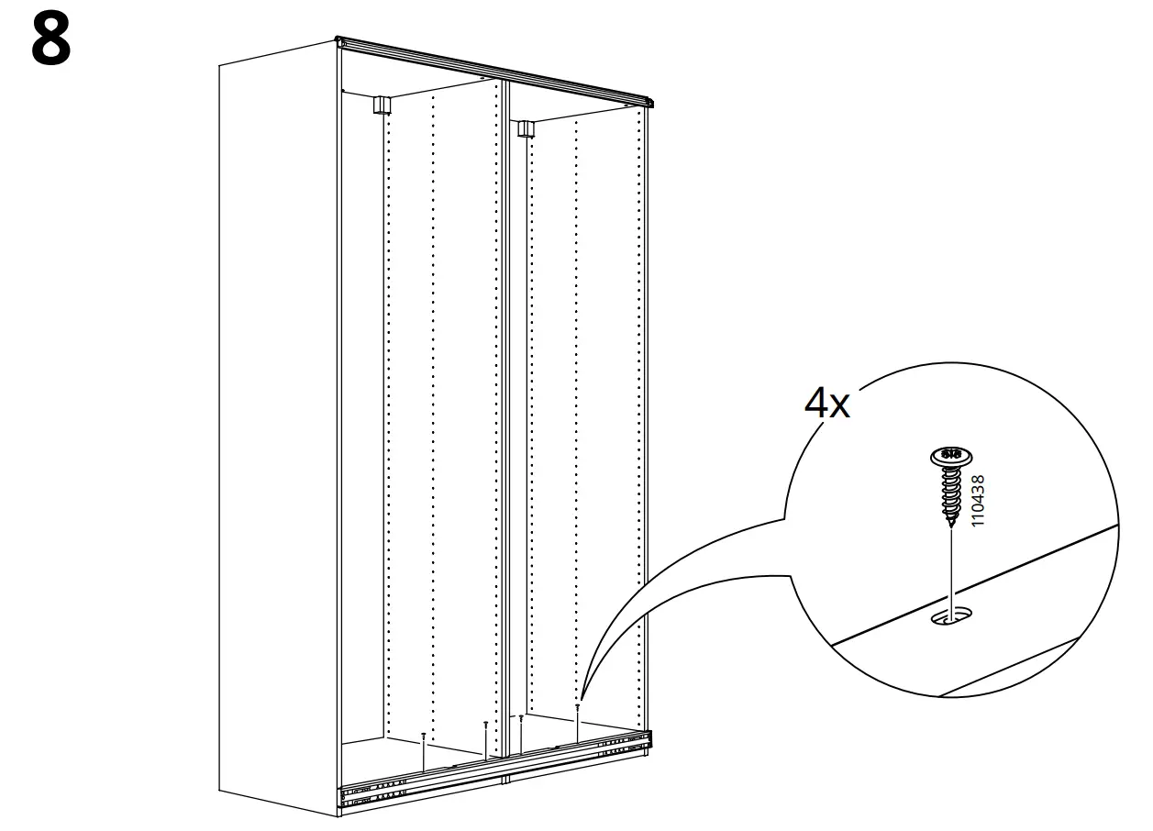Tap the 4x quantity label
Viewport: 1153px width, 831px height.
point(826,403)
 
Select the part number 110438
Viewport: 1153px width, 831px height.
point(978,500)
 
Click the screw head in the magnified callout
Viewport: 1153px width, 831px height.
point(950,454)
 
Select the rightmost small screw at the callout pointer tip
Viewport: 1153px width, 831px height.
point(578,706)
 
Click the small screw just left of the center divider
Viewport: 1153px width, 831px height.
point(485,725)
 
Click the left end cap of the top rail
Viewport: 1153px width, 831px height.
point(341,42)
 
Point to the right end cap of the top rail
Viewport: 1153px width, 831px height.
point(649,102)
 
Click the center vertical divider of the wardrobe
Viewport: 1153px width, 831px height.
point(506,413)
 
